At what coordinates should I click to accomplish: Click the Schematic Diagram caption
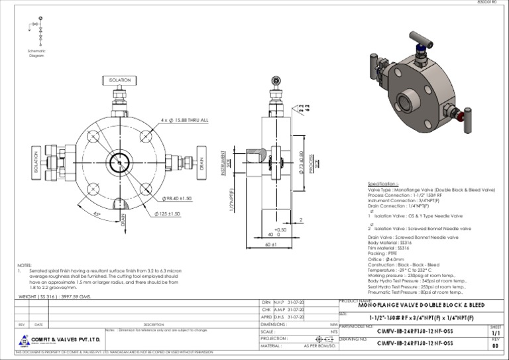[x=36, y=53]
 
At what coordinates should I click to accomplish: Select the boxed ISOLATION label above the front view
[x=119, y=80]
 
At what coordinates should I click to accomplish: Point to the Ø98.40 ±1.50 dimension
[x=176, y=198]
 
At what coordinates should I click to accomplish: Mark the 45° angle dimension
[x=97, y=213]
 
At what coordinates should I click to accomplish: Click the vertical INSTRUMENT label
[x=225, y=162]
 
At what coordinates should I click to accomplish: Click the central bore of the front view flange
[x=120, y=161]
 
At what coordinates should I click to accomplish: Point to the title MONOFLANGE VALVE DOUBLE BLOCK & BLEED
[x=421, y=306]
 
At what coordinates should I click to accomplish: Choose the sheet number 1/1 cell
[x=496, y=334]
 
